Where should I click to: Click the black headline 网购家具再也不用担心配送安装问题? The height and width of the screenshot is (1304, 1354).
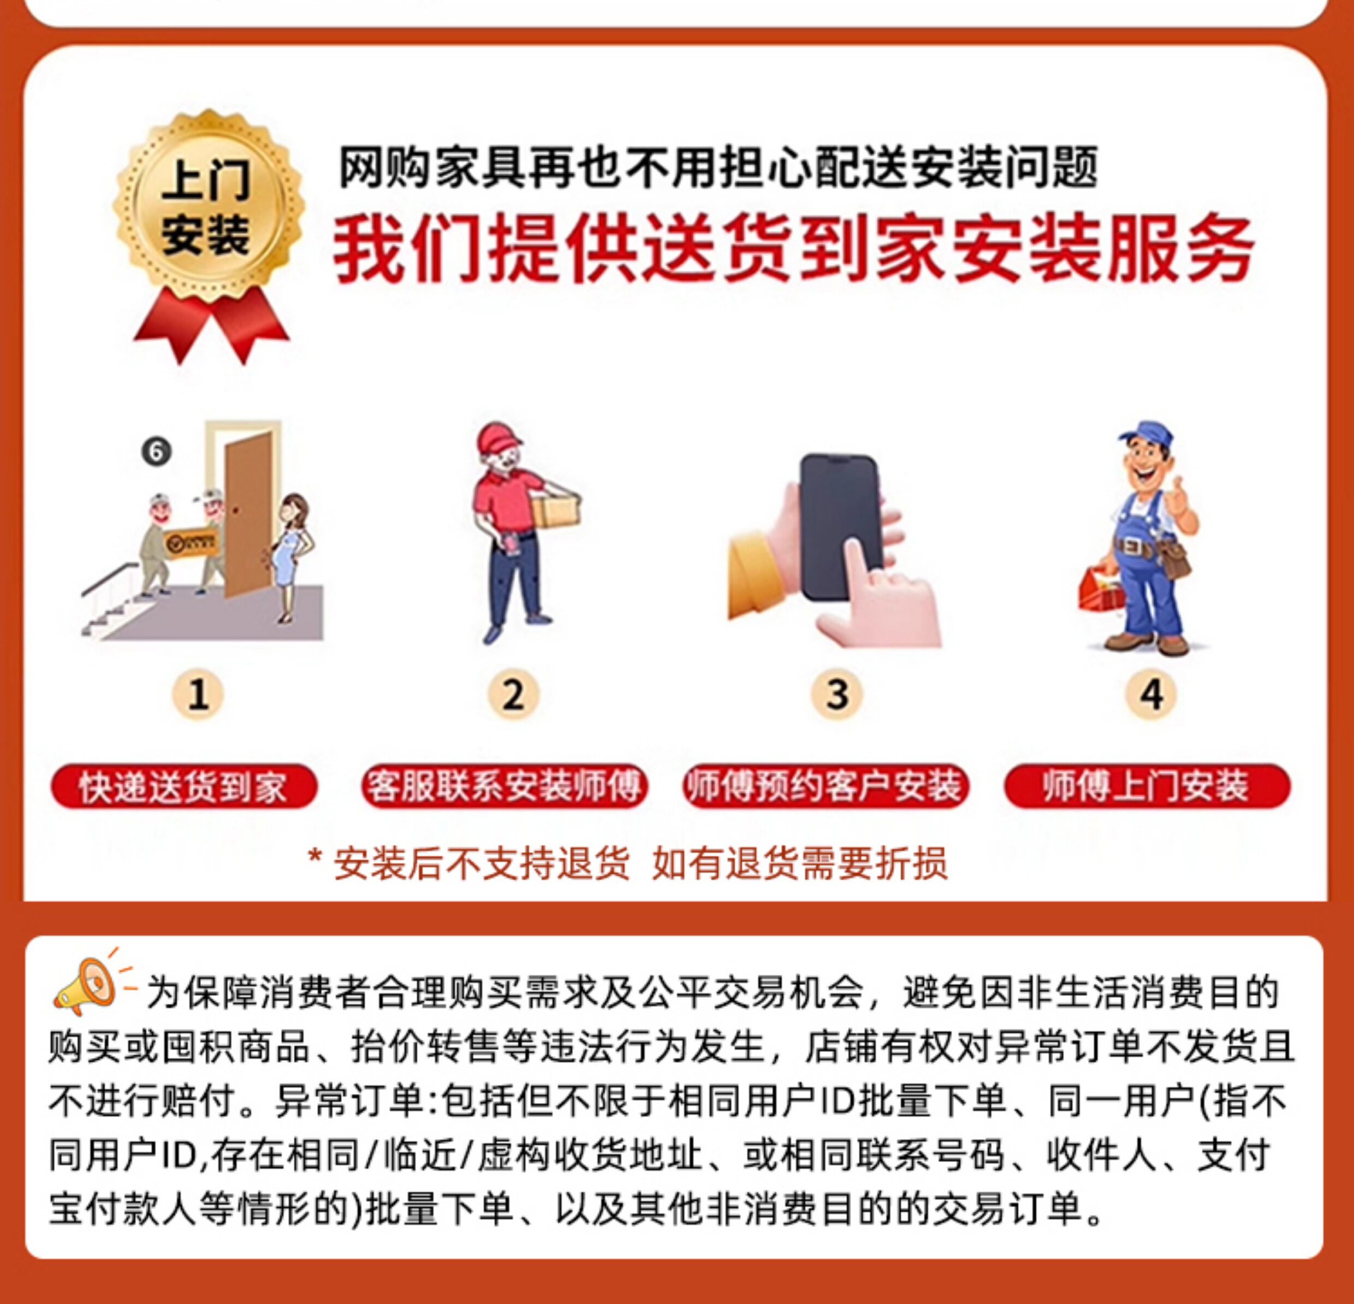(x=716, y=169)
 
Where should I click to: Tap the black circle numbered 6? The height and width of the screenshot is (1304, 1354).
(x=157, y=452)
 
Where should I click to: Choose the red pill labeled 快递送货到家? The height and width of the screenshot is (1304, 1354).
(x=184, y=786)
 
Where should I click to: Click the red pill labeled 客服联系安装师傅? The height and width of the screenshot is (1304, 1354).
(x=504, y=786)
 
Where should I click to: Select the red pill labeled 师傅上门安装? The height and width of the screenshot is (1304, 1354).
(x=1147, y=786)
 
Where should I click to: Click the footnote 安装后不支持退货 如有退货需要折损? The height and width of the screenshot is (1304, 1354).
(x=627, y=863)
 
